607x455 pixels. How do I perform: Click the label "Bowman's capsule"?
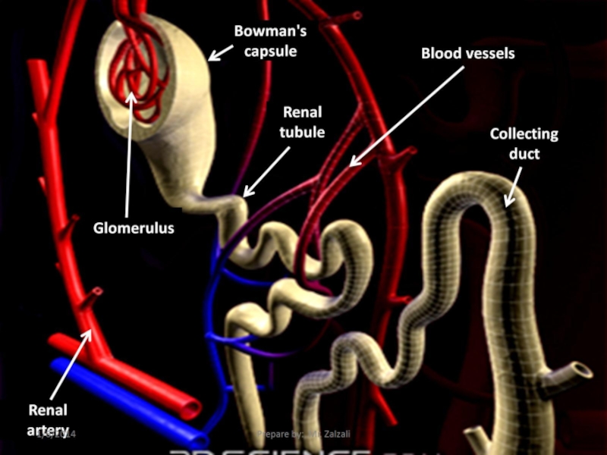pos(269,42)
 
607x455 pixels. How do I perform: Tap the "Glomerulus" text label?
pos(134,227)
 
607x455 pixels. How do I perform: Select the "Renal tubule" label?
pos(302,122)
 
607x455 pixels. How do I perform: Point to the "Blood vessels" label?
pos(467,54)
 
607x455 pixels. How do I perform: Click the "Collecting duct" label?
pos(524,143)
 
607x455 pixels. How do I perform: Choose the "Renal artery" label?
pos(48,420)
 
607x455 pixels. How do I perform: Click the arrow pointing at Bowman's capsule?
pos(221,52)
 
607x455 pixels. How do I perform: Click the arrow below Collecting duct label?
pos(514,187)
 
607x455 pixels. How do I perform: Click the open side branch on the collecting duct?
pos(583,370)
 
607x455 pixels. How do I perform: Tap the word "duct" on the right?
pos(524,153)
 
